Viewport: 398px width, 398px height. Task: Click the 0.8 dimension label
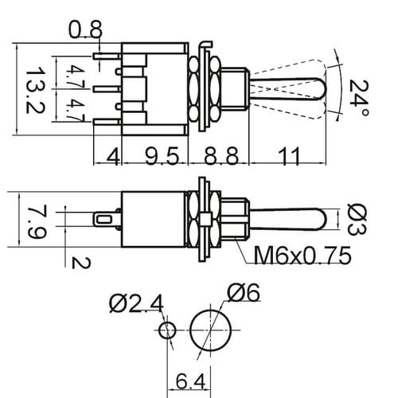click(x=85, y=29)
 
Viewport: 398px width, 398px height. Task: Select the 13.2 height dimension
click(x=35, y=90)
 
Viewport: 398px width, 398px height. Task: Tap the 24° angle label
click(x=358, y=98)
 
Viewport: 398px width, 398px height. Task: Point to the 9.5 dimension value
click(x=162, y=156)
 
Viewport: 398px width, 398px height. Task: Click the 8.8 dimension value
click(x=221, y=156)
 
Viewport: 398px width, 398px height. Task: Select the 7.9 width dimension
click(x=37, y=221)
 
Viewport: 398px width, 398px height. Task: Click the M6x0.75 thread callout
click(x=302, y=256)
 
